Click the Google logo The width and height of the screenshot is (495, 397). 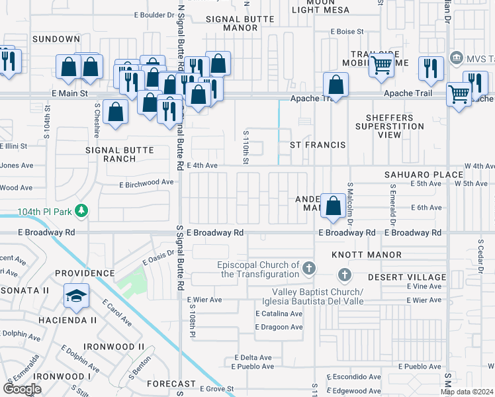click(x=22, y=389)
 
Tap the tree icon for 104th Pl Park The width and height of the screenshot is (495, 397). click(x=81, y=211)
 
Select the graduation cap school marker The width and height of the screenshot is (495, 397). click(x=76, y=296)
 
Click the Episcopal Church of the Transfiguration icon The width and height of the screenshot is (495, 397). click(x=308, y=269)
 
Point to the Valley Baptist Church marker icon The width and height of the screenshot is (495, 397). click(x=343, y=274)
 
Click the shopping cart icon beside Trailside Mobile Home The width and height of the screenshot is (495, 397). click(x=381, y=65)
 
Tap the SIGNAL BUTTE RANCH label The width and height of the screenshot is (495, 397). click(x=120, y=154)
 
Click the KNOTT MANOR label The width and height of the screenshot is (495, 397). click(x=367, y=255)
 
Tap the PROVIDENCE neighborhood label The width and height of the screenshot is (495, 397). click(x=85, y=273)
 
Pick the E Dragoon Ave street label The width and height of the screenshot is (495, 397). click(x=279, y=327)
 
